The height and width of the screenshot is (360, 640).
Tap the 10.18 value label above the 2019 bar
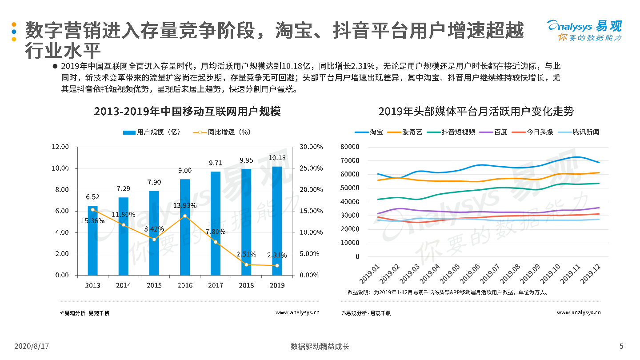point(277,158)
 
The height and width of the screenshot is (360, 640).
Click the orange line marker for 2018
point(246,264)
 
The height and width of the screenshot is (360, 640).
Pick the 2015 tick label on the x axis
point(154,285)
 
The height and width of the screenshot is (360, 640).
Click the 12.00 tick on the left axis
point(60,147)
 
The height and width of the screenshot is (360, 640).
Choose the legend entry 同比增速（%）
point(222,132)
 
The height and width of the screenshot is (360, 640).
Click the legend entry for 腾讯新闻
point(579,132)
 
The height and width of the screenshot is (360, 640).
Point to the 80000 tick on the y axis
point(350,147)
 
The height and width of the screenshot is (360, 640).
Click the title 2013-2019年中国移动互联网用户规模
point(187,111)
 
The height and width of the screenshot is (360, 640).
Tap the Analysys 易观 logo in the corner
point(584,30)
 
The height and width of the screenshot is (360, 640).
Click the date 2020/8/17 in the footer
point(31,346)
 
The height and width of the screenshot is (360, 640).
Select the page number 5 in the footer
point(621,346)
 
